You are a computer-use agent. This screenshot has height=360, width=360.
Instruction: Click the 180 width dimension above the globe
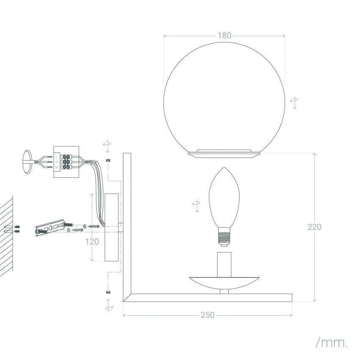(224, 36)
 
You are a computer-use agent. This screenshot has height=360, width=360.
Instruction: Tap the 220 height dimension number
(314, 227)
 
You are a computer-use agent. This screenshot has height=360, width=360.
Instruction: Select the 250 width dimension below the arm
(208, 315)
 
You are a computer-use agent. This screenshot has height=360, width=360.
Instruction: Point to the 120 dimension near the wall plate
(92, 241)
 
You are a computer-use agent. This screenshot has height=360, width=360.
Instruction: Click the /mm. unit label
(332, 343)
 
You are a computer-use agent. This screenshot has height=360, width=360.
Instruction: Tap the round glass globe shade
(224, 97)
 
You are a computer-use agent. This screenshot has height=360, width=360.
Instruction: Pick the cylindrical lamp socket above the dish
(224, 263)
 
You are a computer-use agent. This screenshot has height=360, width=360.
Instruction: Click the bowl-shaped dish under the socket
(224, 282)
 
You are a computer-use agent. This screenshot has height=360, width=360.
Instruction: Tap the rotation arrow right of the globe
(294, 102)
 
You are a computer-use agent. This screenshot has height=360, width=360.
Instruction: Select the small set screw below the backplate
(108, 292)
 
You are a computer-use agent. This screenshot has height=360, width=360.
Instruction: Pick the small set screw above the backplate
(108, 161)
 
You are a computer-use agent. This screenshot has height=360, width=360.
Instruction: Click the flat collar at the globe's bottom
(224, 152)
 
